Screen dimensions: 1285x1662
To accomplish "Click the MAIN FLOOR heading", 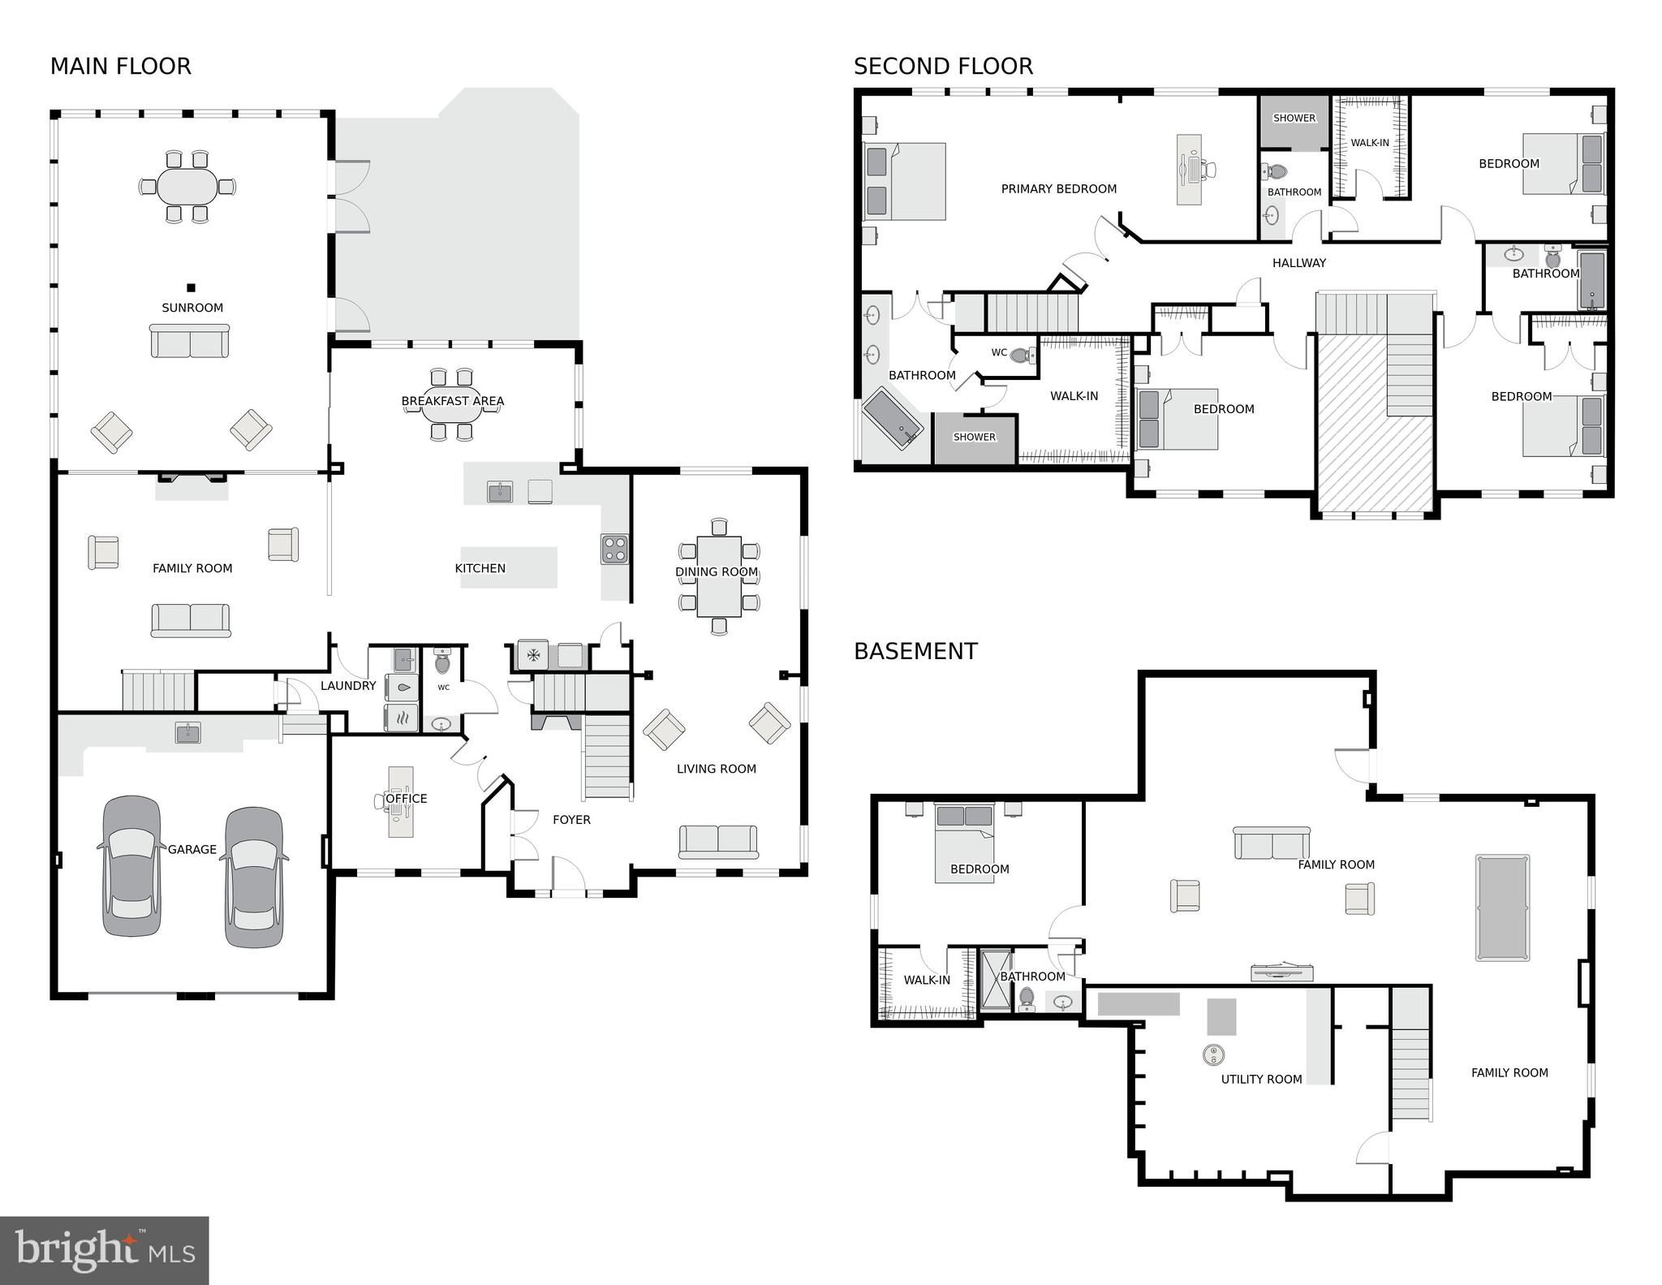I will pyautogui.click(x=120, y=67).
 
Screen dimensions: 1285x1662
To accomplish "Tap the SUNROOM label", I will pyautogui.click(x=192, y=308).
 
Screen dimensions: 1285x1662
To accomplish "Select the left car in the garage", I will pyautogui.click(x=131, y=866).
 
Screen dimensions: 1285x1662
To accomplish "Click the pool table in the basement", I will pyautogui.click(x=1502, y=908).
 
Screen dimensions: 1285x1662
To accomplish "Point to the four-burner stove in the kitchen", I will pyautogui.click(x=614, y=549).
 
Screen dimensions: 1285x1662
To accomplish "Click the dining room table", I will pyautogui.click(x=718, y=576).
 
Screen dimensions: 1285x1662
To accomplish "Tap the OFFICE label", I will pyautogui.click(x=406, y=799).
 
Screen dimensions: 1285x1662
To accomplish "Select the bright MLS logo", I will pyautogui.click(x=104, y=1250).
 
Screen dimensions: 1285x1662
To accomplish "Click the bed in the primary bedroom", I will pyautogui.click(x=905, y=182).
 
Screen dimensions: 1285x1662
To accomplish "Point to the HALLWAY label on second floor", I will pyautogui.click(x=1298, y=263).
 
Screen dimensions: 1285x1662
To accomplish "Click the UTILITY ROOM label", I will pyautogui.click(x=1261, y=1079).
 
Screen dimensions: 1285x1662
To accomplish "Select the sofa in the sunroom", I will pyautogui.click(x=190, y=341).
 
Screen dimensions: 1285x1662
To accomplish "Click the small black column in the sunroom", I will pyautogui.click(x=192, y=287).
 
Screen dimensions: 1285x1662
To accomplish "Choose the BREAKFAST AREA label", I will pyautogui.click(x=452, y=401).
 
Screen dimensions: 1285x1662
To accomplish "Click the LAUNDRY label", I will pyautogui.click(x=347, y=686).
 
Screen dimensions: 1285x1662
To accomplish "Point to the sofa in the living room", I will pyautogui.click(x=718, y=842).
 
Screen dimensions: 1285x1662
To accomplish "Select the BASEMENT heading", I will pyautogui.click(x=915, y=652).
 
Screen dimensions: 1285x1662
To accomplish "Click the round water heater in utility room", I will pyautogui.click(x=1213, y=1054).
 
